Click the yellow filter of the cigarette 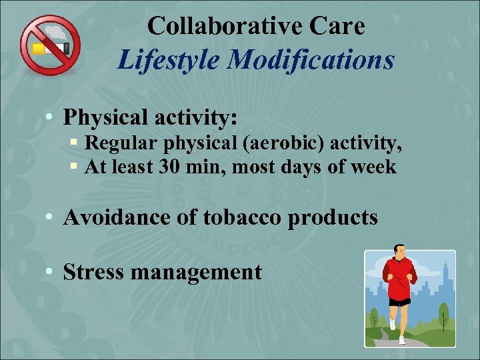coord(38,49)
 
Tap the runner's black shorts coord(400,301)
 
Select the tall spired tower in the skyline coord(443,280)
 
